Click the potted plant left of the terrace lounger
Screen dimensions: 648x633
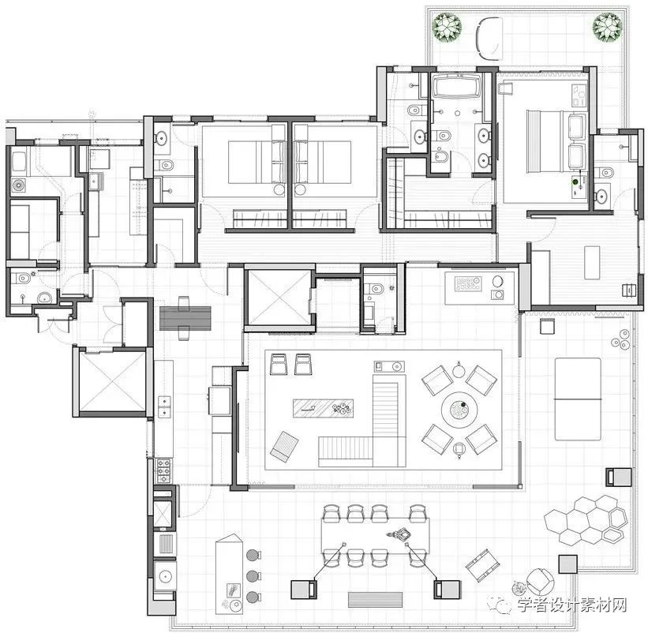coord(447,27)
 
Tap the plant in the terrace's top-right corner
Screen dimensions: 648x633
coord(608,27)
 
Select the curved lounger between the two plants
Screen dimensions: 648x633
coord(489,39)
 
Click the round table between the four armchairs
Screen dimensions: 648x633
coord(459,410)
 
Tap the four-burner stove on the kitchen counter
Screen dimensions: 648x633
coord(163,471)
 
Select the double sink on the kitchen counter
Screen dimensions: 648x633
coord(164,406)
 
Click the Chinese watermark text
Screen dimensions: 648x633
coord(572,605)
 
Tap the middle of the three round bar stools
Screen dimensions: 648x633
coord(253,575)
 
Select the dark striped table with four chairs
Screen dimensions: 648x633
coord(185,318)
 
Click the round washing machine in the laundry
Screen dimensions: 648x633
coord(19,185)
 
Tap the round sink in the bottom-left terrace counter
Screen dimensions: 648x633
coord(165,576)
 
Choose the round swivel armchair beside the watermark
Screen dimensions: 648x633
coord(539,580)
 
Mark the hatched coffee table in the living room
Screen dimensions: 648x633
coord(323,408)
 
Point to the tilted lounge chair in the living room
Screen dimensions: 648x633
coord(284,446)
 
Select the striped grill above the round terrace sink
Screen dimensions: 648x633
coord(165,543)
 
